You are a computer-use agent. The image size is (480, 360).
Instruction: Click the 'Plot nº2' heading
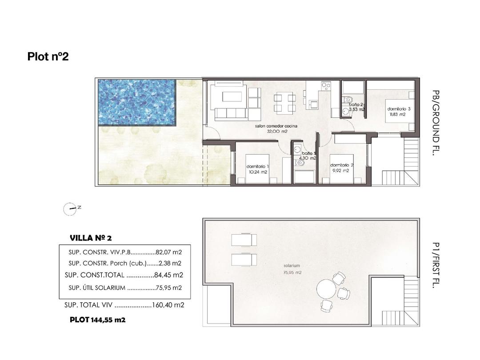click(x=48, y=56)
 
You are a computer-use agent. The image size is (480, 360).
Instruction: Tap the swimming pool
click(x=136, y=102)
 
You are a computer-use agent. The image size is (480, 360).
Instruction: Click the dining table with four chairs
click(x=284, y=102)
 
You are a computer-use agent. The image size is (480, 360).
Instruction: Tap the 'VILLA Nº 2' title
click(x=94, y=238)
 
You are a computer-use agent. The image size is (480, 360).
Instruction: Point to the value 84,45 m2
click(x=169, y=275)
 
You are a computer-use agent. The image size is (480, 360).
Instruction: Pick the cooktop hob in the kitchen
click(x=326, y=86)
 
